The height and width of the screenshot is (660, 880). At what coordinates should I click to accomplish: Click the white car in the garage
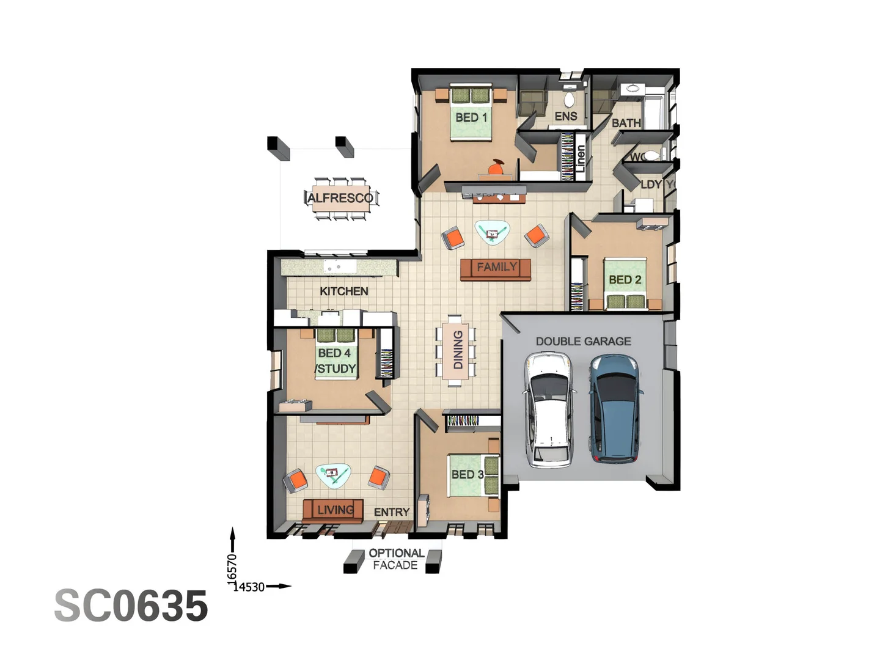549,411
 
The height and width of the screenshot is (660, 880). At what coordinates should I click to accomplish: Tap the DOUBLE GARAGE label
583,342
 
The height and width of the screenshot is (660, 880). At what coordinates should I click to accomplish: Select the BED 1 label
471,117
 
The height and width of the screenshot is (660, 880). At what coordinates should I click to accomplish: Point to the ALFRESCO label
340,198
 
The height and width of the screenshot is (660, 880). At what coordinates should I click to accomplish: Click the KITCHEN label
343,291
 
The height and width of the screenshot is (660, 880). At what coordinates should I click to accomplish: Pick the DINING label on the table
457,350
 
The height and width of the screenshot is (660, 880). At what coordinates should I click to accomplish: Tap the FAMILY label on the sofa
496,267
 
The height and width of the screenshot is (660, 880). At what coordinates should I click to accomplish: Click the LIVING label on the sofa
335,510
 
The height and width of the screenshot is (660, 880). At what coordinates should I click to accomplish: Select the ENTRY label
391,512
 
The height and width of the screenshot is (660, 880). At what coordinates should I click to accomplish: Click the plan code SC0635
131,606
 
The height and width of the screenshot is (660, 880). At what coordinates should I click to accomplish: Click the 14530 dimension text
249,587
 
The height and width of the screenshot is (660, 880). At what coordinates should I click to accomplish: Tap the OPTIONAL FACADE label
396,559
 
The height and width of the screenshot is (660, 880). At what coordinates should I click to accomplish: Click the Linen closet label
581,157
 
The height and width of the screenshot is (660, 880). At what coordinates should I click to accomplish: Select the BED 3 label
468,475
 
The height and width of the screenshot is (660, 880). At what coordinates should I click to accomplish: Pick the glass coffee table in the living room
333,475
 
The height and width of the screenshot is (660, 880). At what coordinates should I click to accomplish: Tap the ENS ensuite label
565,116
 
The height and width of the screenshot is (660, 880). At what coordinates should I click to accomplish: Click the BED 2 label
625,280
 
